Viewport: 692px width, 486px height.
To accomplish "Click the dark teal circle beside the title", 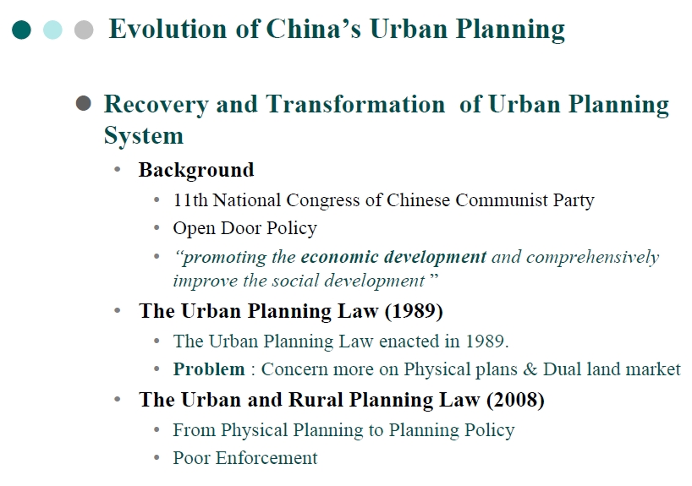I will click(22, 30).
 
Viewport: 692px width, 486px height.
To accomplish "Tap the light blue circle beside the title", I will click(52, 30).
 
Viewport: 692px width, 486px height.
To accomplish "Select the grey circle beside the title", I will click(83, 30).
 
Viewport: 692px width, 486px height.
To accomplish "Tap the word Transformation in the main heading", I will click(355, 105).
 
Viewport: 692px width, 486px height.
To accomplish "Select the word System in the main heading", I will click(143, 135).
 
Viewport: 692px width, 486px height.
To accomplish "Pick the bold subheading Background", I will click(196, 170).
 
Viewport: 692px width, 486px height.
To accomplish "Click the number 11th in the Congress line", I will click(190, 200).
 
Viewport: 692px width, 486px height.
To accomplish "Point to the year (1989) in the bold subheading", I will click(414, 310).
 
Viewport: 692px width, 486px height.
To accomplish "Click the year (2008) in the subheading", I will click(515, 400).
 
